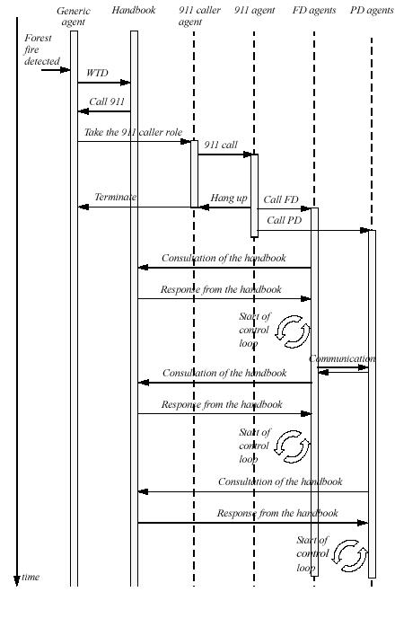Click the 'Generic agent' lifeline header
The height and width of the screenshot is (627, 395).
click(74, 16)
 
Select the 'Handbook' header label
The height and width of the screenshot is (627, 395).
click(134, 11)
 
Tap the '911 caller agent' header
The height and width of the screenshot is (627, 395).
click(199, 16)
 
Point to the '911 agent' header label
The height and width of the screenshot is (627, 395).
click(255, 11)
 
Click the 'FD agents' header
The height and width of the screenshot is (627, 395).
click(314, 11)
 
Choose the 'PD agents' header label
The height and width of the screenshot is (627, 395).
click(372, 11)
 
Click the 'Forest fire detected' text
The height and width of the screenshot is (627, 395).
click(41, 49)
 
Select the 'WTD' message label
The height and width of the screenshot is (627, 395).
click(97, 73)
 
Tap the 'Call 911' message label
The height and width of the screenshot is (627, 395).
click(107, 102)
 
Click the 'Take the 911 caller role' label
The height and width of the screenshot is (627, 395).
click(133, 132)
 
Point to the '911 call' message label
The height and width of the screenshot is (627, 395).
click(221, 145)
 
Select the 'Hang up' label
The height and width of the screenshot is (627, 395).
click(229, 198)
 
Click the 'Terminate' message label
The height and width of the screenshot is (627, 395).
click(116, 197)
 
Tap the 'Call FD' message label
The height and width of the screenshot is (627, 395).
click(281, 199)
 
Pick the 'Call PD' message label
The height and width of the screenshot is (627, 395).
click(285, 220)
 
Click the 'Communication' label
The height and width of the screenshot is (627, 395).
click(342, 358)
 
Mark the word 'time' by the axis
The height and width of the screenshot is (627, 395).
click(31, 577)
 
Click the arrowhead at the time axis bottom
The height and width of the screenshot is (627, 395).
click(17, 580)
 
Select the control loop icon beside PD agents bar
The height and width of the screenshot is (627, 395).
click(350, 556)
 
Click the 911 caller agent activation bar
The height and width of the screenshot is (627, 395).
click(194, 173)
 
